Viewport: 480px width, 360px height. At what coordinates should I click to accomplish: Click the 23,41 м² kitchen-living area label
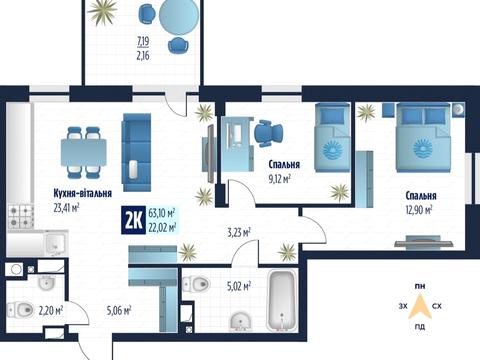pos(66,208)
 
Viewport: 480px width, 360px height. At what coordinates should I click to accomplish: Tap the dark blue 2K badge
pos(133,220)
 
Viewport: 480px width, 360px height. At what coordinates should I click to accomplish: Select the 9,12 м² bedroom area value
pos(280,179)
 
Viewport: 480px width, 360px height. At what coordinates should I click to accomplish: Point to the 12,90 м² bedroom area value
pos(419,210)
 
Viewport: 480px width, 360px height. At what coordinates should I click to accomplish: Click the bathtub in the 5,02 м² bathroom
pos(283,301)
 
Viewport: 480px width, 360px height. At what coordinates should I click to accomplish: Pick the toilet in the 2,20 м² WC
pos(20,310)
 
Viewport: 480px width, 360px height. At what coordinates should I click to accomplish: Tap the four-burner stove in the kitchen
pos(21,217)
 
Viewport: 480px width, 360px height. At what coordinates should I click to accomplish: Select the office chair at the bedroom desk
pos(268,133)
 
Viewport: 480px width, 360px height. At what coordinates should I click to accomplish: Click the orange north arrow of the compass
pos(420,307)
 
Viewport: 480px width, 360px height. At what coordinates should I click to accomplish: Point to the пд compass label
pos(420,327)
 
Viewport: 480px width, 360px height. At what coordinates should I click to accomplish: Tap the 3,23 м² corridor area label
pos(239,233)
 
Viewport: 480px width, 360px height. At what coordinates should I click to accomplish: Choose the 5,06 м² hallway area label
pos(119,311)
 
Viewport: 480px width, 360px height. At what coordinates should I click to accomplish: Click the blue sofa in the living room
pos(137,152)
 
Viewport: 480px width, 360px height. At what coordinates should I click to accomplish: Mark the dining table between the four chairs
pos(84,152)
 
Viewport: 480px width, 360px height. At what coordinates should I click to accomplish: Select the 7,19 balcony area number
pos(143,41)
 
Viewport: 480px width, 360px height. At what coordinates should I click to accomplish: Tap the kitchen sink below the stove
pos(54,243)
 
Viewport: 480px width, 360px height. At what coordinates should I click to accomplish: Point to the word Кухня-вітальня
pos(83,193)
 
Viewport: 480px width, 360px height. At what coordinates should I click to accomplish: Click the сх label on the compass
pos(437,306)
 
